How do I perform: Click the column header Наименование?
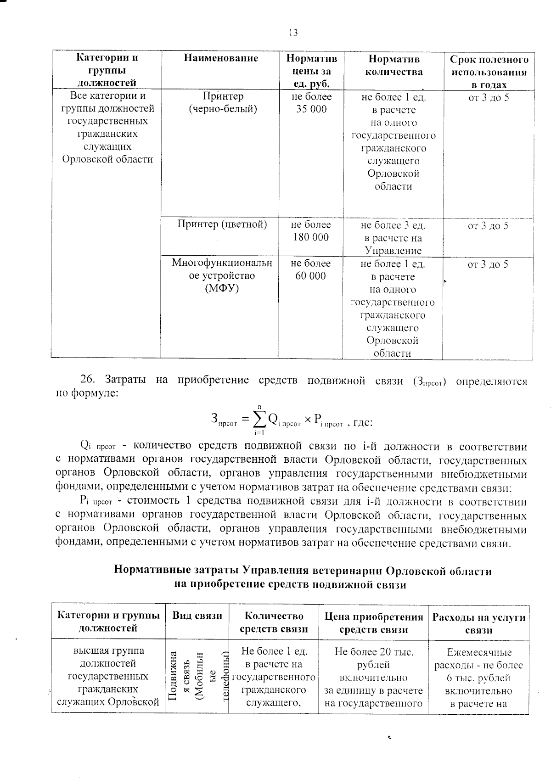(221, 58)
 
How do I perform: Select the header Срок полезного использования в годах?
(489, 72)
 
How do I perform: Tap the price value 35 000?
(311, 109)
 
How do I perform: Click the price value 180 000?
(311, 237)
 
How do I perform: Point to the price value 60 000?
(311, 276)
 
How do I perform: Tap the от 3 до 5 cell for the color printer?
(488, 225)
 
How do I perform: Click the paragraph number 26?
(87, 380)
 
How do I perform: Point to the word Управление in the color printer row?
(393, 251)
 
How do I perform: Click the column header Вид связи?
(197, 616)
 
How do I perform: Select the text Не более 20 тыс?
(374, 652)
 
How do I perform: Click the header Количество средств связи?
(274, 622)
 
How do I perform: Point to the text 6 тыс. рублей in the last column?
(478, 678)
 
